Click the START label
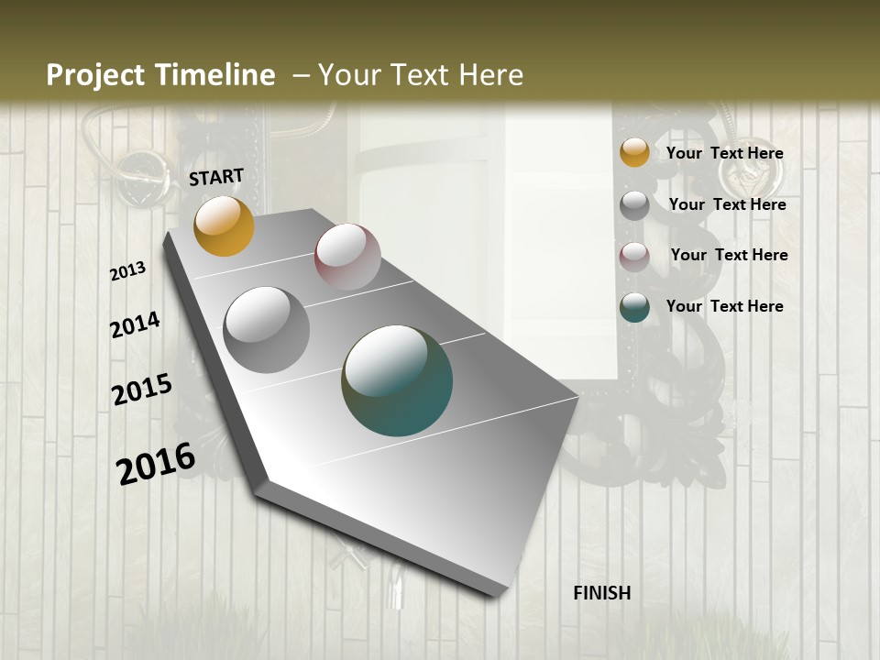pos(216,177)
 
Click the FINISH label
pos(602,593)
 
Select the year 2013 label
pos(128,271)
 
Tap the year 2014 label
pos(136,324)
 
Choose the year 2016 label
pos(156,463)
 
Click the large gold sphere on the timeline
pos(224,225)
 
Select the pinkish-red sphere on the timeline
pos(347,257)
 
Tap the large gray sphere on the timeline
pos(267,330)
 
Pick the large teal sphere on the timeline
pos(397,380)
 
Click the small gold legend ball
pos(634,152)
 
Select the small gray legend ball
pos(634,205)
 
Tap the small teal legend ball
pos(634,308)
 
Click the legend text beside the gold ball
pos(724,154)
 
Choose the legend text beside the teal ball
pos(724,306)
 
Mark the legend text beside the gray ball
pos(727,204)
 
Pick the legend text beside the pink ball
pos(729,255)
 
